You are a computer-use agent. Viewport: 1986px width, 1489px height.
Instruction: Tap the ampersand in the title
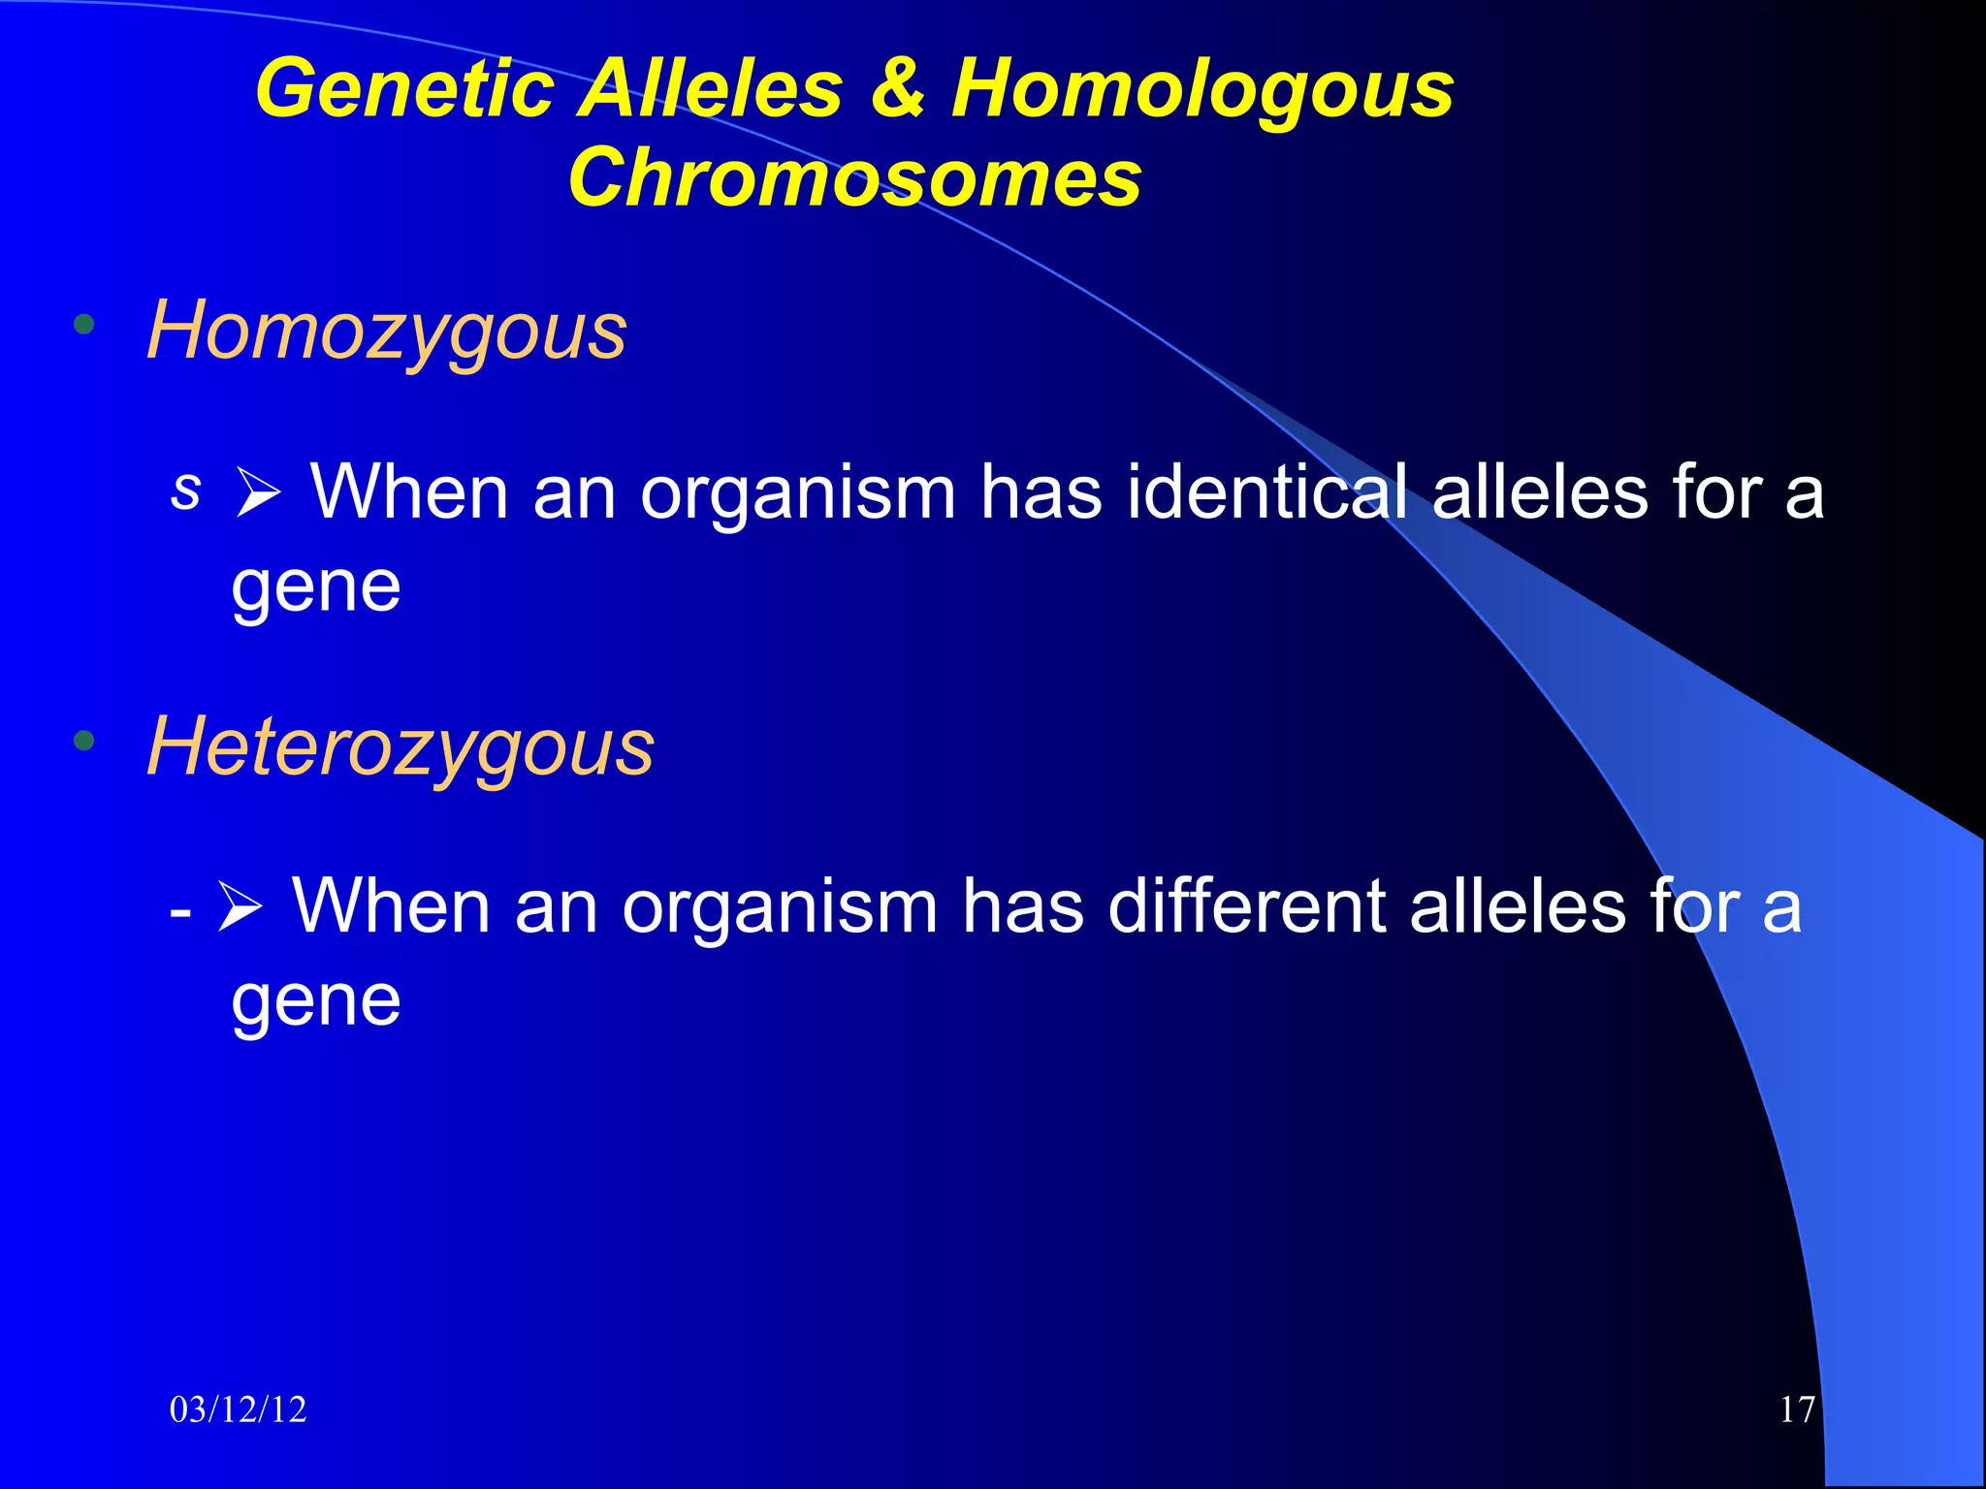coord(896,89)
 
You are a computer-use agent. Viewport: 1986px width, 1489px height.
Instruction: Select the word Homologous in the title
coord(1202,89)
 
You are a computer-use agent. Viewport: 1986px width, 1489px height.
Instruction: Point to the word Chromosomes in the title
coord(854,178)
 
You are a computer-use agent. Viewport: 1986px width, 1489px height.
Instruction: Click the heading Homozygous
coord(386,332)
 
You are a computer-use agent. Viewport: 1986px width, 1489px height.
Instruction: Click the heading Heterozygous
coord(400,747)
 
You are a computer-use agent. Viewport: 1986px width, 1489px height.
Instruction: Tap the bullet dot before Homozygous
coord(84,325)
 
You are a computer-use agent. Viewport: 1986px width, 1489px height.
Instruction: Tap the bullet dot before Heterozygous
coord(84,742)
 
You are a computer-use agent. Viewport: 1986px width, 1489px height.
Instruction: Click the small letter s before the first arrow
coord(185,490)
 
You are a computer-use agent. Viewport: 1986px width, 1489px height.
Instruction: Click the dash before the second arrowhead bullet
coord(179,911)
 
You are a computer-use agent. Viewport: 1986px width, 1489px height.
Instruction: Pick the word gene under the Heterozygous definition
coord(315,1001)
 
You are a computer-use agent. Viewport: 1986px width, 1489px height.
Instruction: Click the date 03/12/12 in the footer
coord(238,1410)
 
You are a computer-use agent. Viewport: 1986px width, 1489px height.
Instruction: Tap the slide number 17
coord(1797,1410)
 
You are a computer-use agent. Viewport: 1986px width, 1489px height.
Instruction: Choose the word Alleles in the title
coord(712,89)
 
